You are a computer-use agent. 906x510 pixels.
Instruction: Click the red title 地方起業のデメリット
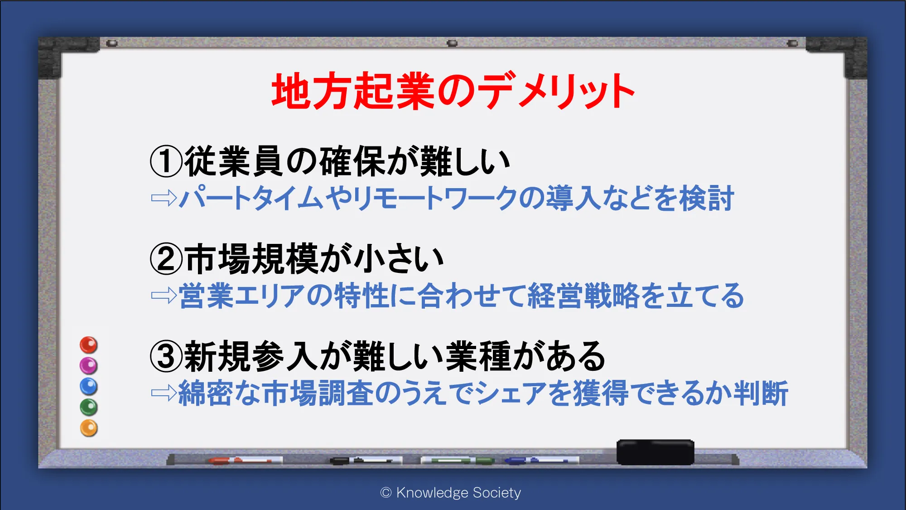click(453, 91)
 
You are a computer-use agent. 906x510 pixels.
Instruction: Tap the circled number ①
click(166, 161)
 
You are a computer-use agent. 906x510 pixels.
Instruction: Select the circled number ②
click(166, 259)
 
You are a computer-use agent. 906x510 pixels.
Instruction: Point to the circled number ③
click(166, 356)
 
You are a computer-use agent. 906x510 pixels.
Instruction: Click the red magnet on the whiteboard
click(89, 345)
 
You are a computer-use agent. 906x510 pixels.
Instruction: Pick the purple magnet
click(89, 365)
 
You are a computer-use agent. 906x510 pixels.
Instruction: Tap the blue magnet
click(89, 386)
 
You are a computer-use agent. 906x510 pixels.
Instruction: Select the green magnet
click(89, 407)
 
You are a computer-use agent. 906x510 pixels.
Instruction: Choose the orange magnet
click(89, 428)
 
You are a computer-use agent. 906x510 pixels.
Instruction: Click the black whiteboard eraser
click(655, 452)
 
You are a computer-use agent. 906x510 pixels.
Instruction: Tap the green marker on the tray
click(458, 461)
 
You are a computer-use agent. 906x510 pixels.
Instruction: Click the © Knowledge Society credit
click(451, 492)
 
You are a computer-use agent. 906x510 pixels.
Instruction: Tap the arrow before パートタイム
click(164, 198)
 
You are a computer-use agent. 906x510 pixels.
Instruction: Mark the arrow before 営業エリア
click(164, 296)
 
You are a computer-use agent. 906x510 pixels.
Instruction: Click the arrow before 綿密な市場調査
click(164, 393)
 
